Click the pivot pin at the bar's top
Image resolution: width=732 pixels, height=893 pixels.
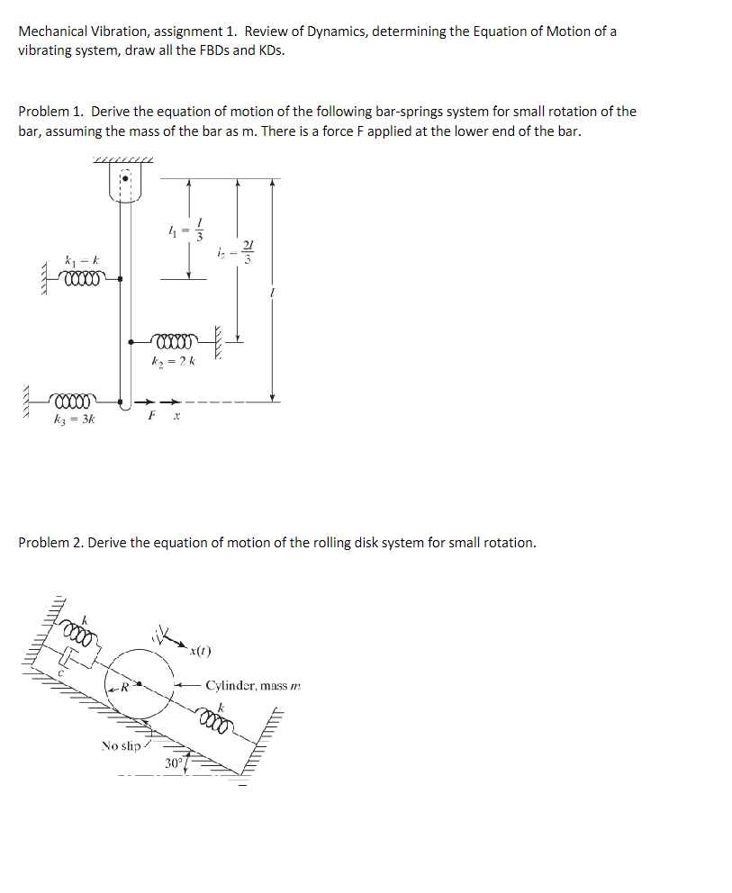pyautogui.click(x=126, y=178)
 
